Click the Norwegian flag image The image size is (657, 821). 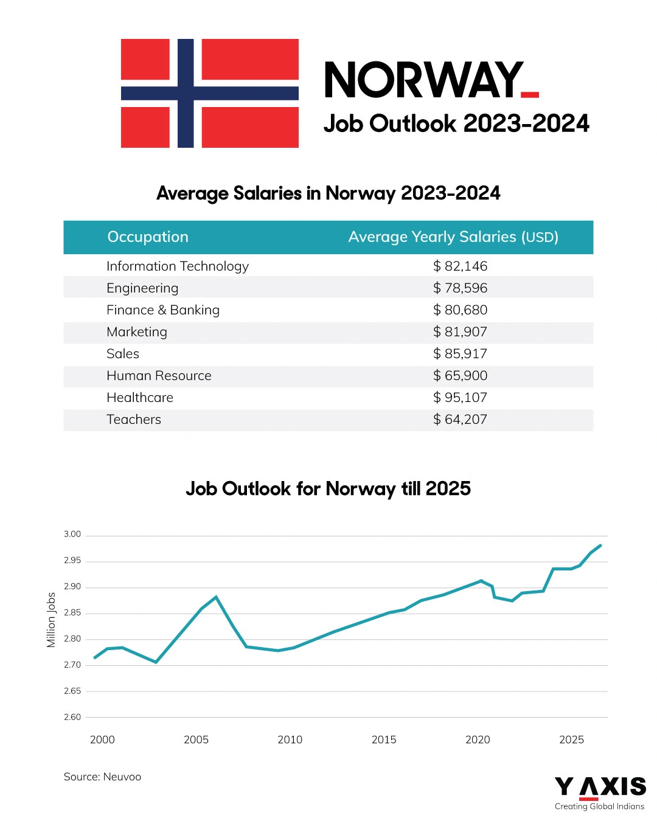210,93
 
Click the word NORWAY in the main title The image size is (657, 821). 424,80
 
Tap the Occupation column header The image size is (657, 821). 148,237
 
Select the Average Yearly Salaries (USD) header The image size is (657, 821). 453,237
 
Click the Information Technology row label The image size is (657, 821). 178,266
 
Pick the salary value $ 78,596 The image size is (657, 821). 461,288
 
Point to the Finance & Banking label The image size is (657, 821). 163,310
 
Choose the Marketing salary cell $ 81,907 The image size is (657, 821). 461,332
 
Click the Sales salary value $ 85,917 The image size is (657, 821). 461,354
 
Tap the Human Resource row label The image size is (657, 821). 159,376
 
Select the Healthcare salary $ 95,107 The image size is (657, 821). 461,398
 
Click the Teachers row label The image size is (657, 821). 134,420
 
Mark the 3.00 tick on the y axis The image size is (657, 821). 72,535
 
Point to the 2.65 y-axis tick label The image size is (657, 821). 72,691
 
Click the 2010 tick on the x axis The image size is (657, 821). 290,740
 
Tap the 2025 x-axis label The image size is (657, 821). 571,740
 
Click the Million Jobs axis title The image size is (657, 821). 51,620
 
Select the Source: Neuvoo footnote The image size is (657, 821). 102,777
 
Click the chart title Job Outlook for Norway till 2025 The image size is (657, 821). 328,489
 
